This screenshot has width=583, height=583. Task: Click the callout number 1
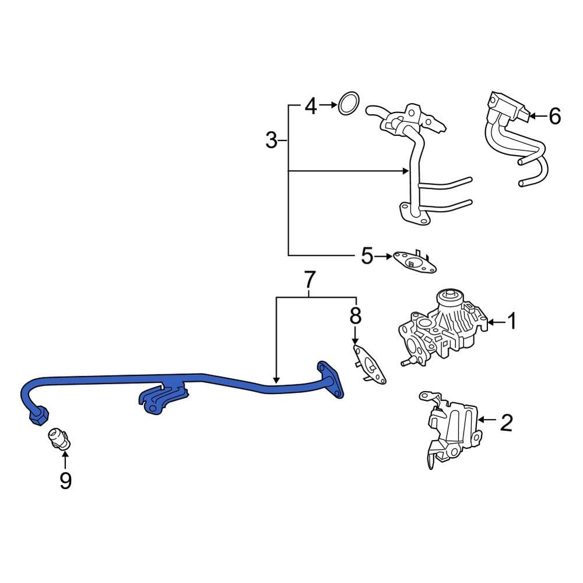(511, 321)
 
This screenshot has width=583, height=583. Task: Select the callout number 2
(505, 423)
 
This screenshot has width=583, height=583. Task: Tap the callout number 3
(271, 141)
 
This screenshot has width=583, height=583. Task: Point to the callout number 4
(311, 106)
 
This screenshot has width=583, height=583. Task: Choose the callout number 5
(366, 256)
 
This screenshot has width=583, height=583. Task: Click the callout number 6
(554, 117)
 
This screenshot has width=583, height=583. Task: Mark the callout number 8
(355, 316)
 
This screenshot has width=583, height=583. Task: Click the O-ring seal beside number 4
(348, 104)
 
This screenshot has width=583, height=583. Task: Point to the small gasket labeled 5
(415, 262)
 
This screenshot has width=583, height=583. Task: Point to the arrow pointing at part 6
(537, 117)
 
